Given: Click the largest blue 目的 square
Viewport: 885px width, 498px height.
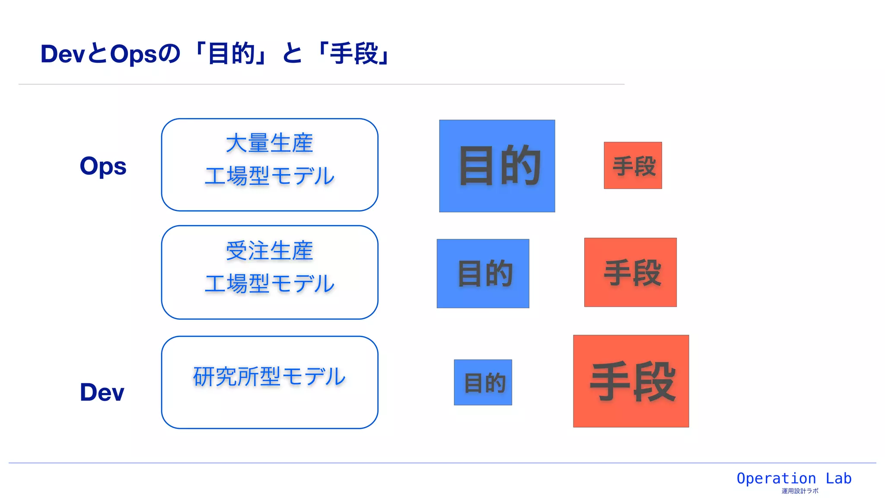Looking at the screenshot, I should point(497,166).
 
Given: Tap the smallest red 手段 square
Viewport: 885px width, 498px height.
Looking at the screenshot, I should point(633,166).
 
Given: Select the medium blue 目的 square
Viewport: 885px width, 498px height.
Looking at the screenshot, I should point(483,274).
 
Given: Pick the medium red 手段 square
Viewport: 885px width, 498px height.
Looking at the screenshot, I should point(630,272).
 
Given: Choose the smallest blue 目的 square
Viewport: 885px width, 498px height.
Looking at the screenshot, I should point(483,383).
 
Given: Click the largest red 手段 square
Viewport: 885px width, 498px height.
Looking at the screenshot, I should point(631,381).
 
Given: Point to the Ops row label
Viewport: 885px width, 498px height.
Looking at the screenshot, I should point(103,166).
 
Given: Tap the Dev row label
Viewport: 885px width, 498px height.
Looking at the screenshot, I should point(102,392).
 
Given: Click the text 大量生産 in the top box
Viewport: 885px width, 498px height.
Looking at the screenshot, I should point(269,144).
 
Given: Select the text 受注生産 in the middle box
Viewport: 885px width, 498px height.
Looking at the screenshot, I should point(269,251).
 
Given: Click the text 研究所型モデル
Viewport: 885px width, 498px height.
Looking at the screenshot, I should point(269,377).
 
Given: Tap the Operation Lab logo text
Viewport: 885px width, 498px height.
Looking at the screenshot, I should point(794,479).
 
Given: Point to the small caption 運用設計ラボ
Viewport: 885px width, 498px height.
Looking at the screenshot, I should point(800,491).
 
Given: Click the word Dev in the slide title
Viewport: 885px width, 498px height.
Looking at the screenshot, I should point(63,54).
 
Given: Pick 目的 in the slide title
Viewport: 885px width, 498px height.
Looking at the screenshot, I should point(231,54).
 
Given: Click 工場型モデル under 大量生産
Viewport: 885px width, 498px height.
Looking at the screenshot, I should point(269,176).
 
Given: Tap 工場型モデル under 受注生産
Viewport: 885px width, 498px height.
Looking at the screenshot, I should point(269,284).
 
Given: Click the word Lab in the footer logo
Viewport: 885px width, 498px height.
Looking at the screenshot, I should point(838,479).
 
